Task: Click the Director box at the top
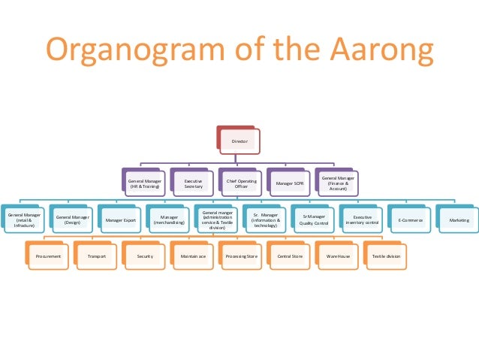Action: coord(239,141)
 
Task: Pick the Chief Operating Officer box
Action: coord(241,183)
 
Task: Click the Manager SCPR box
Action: coord(289,183)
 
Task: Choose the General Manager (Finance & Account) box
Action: coord(339,183)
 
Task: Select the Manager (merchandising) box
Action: coord(169,220)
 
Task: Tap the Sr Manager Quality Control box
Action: coord(312,220)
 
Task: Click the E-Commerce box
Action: coord(410,220)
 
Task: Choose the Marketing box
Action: coord(458,220)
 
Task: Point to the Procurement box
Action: coord(48,256)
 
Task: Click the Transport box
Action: coord(96,256)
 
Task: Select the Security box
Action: coord(145,256)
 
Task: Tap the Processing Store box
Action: coord(242,256)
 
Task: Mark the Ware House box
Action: coord(338,256)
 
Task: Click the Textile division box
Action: coord(386,256)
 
